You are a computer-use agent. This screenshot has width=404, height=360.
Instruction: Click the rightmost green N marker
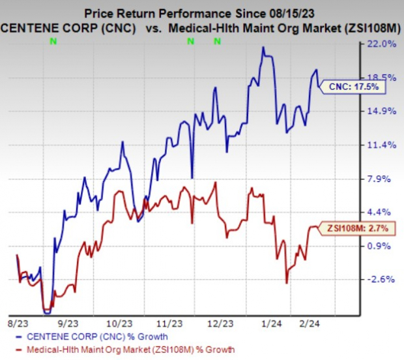pos(217,42)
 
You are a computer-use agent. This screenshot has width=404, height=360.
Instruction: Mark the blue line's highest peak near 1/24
pos(263,47)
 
